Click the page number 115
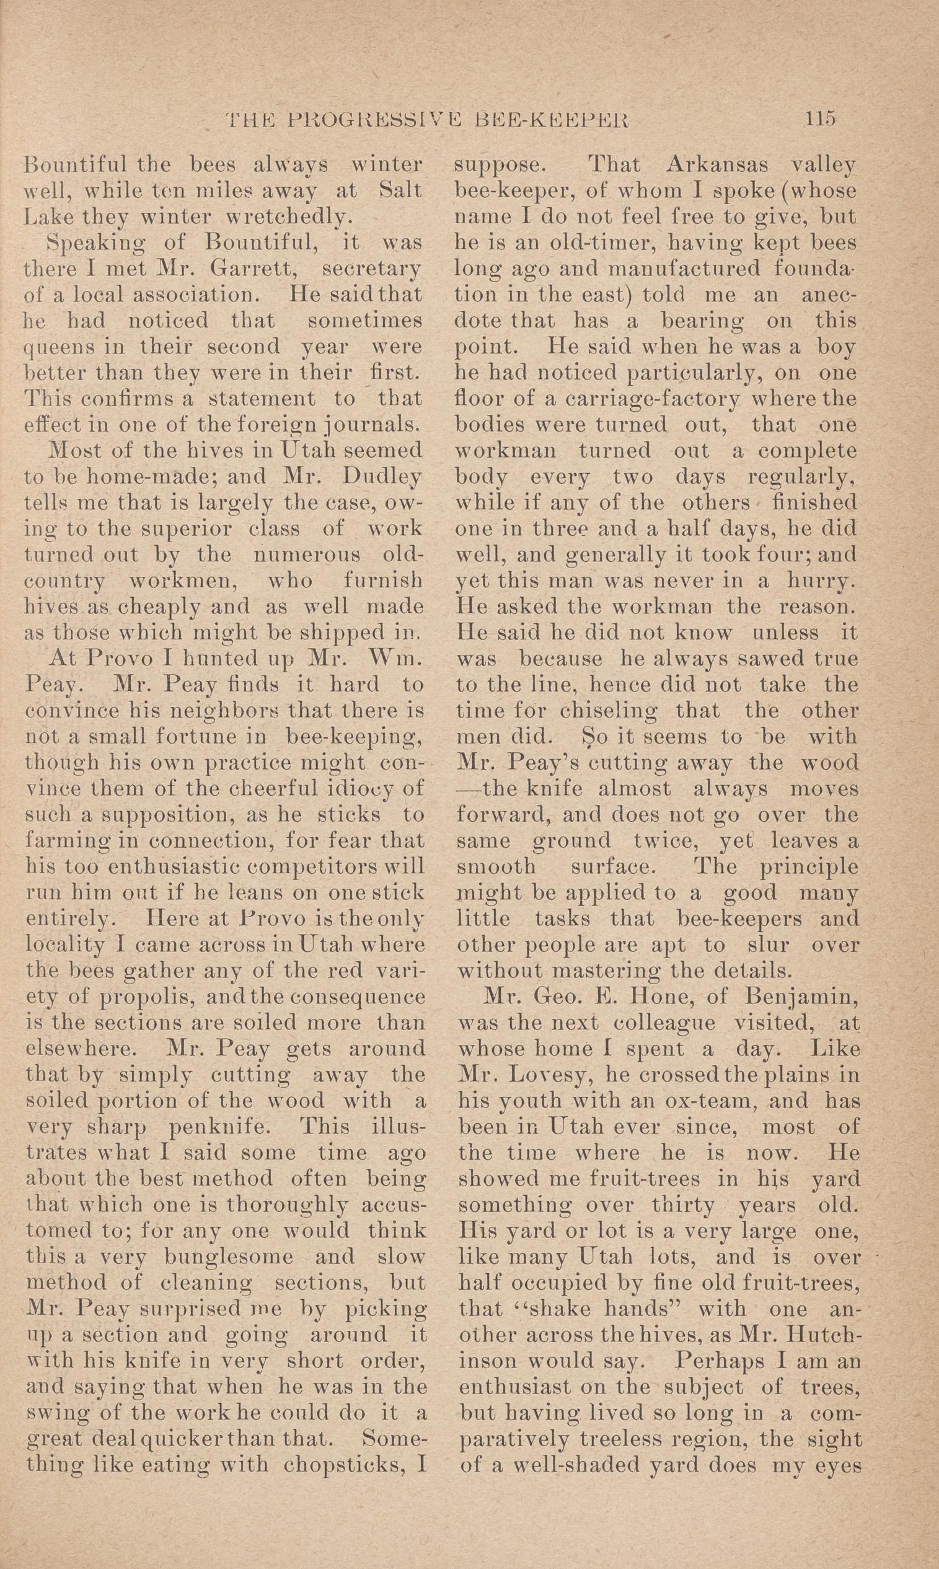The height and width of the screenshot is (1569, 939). (x=821, y=118)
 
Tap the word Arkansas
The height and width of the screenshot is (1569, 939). (x=718, y=166)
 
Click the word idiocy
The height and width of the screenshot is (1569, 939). (x=364, y=789)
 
